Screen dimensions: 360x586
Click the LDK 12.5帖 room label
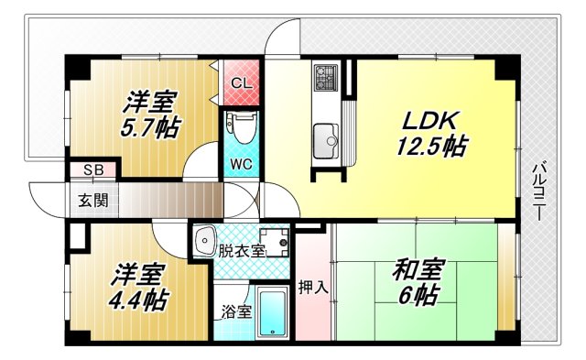click(x=431, y=133)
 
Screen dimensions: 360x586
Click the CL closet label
click(x=242, y=83)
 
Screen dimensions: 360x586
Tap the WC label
click(x=242, y=164)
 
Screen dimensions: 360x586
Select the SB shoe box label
click(x=93, y=170)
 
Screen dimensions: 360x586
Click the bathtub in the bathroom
click(x=271, y=313)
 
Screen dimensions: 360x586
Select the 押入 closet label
click(x=312, y=287)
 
